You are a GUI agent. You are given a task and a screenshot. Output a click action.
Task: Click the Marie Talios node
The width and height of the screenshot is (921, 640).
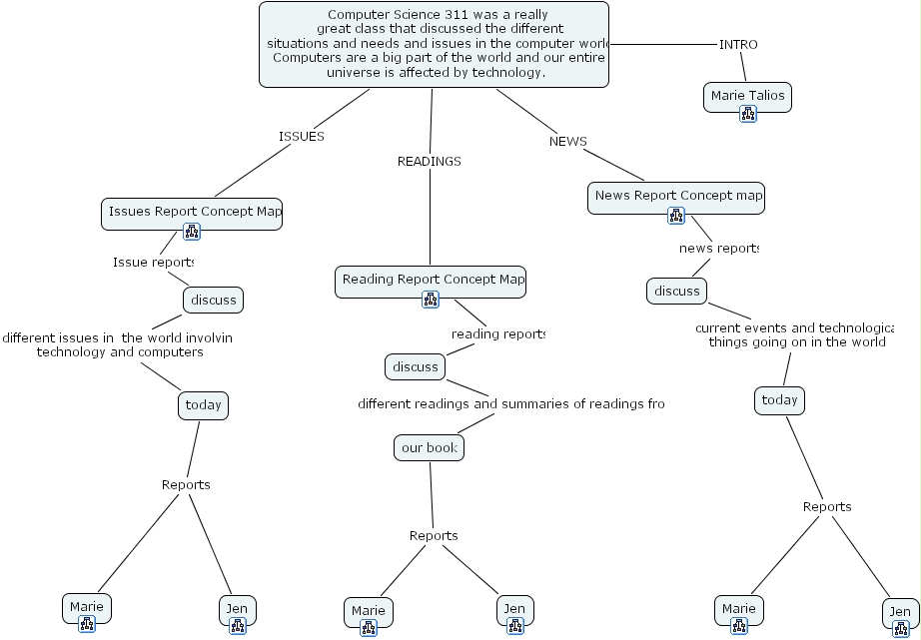747,97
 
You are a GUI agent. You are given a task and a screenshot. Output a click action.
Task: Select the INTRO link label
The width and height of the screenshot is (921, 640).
738,44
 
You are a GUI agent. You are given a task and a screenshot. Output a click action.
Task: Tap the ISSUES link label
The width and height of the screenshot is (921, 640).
301,137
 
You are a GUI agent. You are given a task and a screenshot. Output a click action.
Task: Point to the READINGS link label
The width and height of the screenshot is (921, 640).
429,161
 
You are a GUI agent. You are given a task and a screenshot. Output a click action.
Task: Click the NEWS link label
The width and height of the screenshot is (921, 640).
567,142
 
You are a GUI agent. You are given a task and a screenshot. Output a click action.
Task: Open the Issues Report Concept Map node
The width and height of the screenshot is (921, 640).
192,212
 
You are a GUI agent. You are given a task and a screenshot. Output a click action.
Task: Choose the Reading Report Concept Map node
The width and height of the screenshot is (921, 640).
430,280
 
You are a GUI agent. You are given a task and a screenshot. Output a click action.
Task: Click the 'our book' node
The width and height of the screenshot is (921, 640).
429,448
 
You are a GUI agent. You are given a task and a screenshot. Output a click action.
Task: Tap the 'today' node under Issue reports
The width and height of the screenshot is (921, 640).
203,405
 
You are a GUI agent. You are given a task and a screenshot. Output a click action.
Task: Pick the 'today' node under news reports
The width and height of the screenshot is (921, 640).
779,400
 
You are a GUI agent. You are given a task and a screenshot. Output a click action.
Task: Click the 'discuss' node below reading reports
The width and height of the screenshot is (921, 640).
415,366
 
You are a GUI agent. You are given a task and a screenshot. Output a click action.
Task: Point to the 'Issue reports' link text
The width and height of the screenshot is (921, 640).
153,262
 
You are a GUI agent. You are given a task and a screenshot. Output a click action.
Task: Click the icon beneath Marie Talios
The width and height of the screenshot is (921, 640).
747,115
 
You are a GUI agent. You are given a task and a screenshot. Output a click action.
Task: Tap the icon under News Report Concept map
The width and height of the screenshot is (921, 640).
676,215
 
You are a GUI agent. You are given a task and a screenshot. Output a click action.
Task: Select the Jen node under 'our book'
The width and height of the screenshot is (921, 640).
513,608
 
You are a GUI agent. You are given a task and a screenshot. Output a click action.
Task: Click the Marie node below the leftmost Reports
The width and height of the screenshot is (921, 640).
86,606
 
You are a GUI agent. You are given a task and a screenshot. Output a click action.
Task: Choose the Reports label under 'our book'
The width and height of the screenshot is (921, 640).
434,536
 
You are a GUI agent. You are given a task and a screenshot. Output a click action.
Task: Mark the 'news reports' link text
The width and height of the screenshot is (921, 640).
718,248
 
